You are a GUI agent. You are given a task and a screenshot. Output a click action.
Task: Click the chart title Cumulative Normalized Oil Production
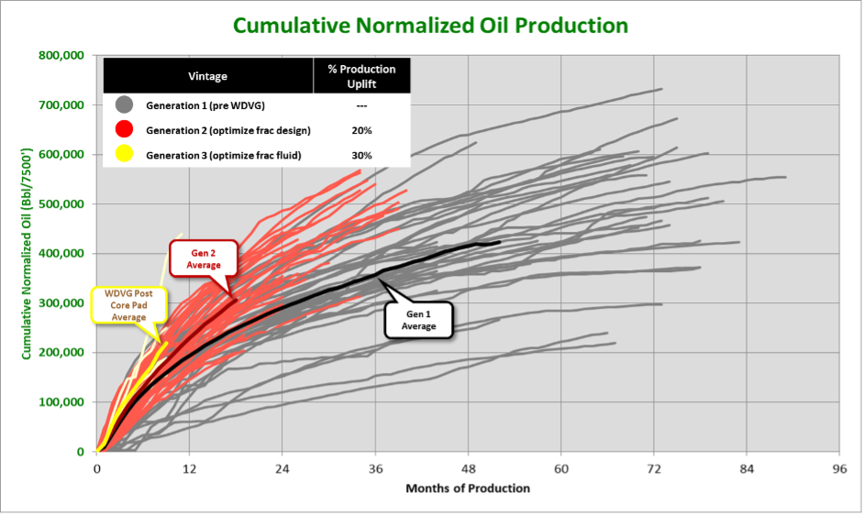point(430,25)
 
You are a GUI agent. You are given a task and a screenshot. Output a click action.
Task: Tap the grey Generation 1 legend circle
point(125,105)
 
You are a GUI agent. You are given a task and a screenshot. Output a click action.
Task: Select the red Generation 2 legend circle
point(125,130)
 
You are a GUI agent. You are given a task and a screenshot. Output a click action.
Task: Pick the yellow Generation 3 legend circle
point(125,154)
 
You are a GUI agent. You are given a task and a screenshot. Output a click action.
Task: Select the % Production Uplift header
point(361,76)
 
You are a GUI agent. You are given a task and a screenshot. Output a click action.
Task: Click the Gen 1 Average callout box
point(417,319)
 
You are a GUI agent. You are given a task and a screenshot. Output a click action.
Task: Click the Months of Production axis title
point(468,488)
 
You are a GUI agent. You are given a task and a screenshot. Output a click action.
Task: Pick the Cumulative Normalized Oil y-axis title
point(28,252)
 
